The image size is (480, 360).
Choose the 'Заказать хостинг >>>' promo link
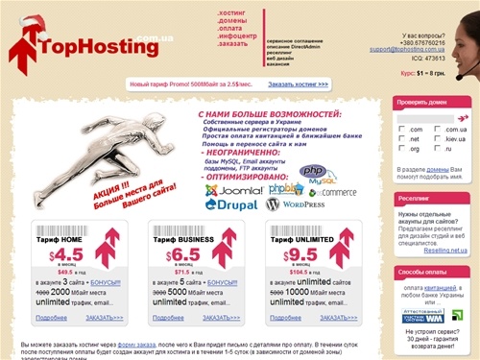tap(299, 84)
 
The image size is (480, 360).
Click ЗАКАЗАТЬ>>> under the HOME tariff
tap(103, 317)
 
